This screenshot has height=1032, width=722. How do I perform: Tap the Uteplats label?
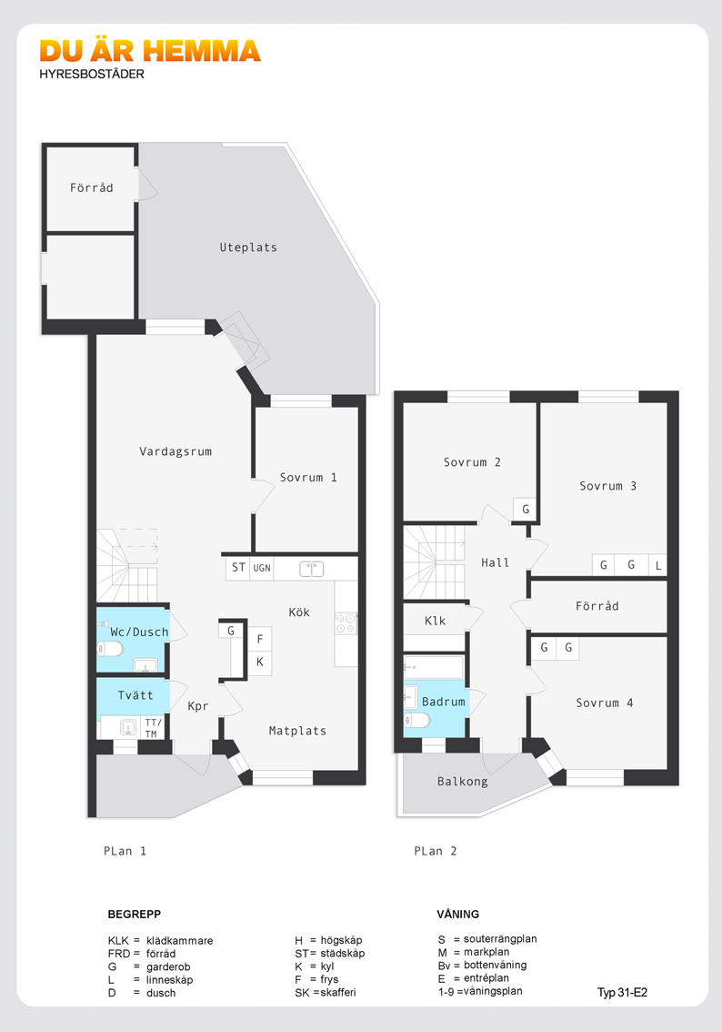tap(248, 248)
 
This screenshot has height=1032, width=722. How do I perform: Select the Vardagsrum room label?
tap(175, 451)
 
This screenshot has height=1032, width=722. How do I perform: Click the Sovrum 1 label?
tap(308, 477)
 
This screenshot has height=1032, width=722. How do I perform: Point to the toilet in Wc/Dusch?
tap(110, 649)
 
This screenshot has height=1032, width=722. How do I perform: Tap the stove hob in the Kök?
tap(346, 623)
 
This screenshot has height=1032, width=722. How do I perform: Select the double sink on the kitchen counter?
tap(312, 569)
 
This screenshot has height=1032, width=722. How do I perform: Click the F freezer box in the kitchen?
tap(260, 639)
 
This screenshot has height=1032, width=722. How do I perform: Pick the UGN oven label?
tap(262, 568)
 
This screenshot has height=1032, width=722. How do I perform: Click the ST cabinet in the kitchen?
tap(238, 567)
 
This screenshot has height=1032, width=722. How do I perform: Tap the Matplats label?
tap(297, 731)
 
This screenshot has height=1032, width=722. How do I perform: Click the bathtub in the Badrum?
tap(434, 667)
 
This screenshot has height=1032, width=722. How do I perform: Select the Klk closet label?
tap(436, 621)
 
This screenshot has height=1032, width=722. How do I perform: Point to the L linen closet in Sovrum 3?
tap(657, 565)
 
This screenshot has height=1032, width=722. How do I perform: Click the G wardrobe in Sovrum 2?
tap(526, 509)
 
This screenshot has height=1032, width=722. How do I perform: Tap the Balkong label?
tap(462, 781)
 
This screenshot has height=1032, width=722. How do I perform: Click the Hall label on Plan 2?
tap(496, 562)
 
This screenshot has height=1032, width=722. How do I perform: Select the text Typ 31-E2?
tap(622, 993)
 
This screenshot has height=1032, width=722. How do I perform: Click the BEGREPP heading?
tap(135, 915)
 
